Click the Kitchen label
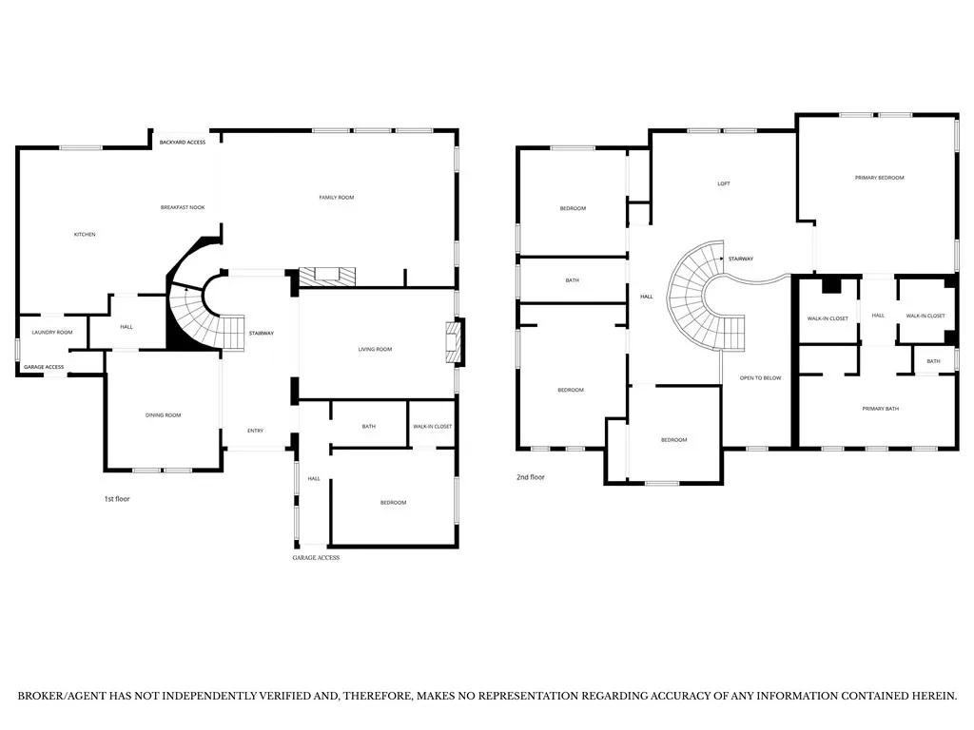click(85, 235)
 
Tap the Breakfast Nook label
click(183, 207)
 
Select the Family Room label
click(337, 198)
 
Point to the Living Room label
click(375, 350)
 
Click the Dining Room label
click(164, 415)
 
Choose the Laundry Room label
click(52, 332)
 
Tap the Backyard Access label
click(183, 143)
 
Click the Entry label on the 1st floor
click(255, 431)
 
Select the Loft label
click(724, 183)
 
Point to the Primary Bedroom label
click(880, 178)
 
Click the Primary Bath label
click(881, 409)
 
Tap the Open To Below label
click(761, 378)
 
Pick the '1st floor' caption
click(117, 499)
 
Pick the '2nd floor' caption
click(531, 477)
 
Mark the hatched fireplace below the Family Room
click(327, 277)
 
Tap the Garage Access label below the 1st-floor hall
click(316, 557)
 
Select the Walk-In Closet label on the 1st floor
click(433, 427)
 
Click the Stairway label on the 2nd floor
click(741, 259)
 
